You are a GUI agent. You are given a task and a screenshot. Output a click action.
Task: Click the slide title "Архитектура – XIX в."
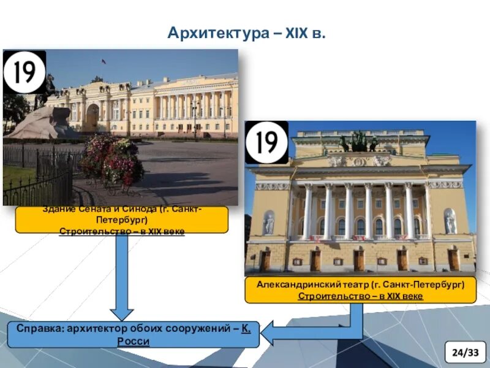(x=246, y=32)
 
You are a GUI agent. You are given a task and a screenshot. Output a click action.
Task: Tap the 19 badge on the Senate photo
(x=24, y=72)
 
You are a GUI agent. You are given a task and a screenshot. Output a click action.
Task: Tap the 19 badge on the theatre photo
(x=266, y=142)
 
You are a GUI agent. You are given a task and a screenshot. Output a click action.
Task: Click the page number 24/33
(x=465, y=352)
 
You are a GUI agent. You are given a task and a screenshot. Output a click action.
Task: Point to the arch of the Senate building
(x=92, y=117)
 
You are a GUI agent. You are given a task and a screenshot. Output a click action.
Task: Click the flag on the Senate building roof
(x=104, y=61)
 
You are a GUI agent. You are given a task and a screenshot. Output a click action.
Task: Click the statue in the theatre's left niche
(x=269, y=224)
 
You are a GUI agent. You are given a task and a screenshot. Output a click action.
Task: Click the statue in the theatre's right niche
(x=450, y=222)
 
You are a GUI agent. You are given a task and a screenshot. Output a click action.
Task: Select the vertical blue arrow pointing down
(x=121, y=276)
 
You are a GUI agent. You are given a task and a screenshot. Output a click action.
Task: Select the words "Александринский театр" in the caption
(x=310, y=285)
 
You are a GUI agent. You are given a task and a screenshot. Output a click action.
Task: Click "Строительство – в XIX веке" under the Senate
(x=121, y=231)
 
